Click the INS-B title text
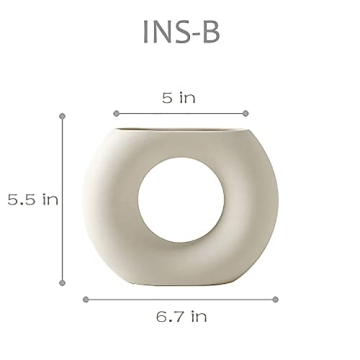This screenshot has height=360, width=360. (181, 32)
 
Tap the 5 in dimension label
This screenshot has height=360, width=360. (179, 98)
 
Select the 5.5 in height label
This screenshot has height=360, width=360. (33, 199)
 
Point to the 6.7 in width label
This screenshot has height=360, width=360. (181, 316)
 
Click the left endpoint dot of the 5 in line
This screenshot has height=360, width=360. (116, 114)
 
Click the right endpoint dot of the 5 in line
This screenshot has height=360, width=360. (246, 114)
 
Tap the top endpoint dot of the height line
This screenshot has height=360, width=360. (62, 116)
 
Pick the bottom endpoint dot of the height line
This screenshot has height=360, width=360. (62, 283)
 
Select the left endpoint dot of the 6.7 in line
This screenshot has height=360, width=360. (86, 300)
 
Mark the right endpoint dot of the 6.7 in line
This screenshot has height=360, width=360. (275, 300)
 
